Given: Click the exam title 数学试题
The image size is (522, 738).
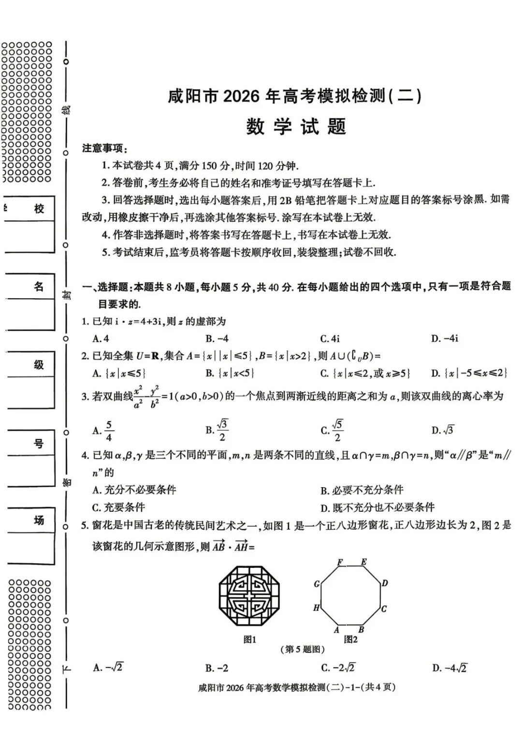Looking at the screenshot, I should tap(296, 127).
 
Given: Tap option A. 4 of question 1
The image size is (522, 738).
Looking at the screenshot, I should tap(101, 339).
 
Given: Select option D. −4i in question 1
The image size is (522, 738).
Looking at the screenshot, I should tap(444, 339).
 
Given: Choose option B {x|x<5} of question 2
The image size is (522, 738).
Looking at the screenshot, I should tap(230, 373).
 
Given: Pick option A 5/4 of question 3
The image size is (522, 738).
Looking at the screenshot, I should tap(103, 431).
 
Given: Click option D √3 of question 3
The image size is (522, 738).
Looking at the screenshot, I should tap(443, 430).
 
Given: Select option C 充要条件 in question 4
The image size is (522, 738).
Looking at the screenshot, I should tap(118, 507).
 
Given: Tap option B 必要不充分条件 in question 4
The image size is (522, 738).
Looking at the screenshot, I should tap(362, 490).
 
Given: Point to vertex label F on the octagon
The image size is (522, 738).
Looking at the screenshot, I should tap(340, 563).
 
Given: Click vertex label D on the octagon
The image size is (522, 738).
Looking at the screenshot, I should tap(385, 583).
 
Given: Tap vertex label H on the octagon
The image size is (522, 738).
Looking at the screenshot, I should tap(317, 608).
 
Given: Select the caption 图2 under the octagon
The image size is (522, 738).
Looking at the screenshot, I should tap(350, 639).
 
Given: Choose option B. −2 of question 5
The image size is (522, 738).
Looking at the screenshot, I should tap(217, 668).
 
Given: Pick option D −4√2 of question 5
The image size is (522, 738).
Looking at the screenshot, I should tap(449, 668).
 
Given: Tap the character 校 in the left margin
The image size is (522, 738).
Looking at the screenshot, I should tap(39, 209).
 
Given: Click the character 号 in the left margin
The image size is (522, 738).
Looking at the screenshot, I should tap(39, 444).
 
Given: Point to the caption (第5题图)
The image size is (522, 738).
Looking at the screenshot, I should tap(302, 650).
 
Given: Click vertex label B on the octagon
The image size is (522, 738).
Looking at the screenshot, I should tap(361, 630).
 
